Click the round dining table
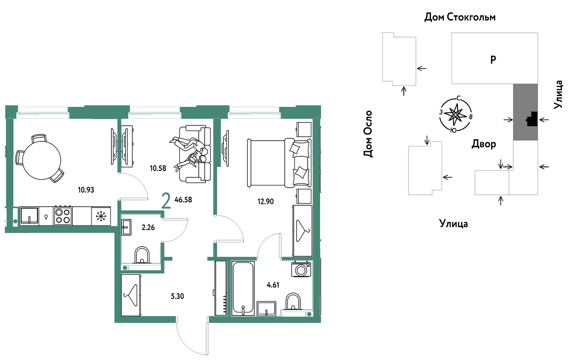(x=42, y=160)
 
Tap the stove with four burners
(x=63, y=216)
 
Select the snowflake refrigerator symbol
(x=101, y=216)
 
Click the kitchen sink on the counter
(x=29, y=216)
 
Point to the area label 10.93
(x=86, y=190)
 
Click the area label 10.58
(x=158, y=168)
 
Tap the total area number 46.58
(x=183, y=200)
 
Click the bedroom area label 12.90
(x=265, y=201)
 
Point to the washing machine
(x=301, y=269)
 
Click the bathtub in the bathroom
(x=243, y=288)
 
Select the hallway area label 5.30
(x=177, y=296)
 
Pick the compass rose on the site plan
(x=456, y=114)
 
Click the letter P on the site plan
(x=493, y=59)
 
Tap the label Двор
(x=484, y=144)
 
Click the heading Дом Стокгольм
(x=460, y=17)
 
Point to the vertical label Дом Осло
(x=368, y=133)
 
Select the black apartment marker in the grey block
(x=532, y=119)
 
